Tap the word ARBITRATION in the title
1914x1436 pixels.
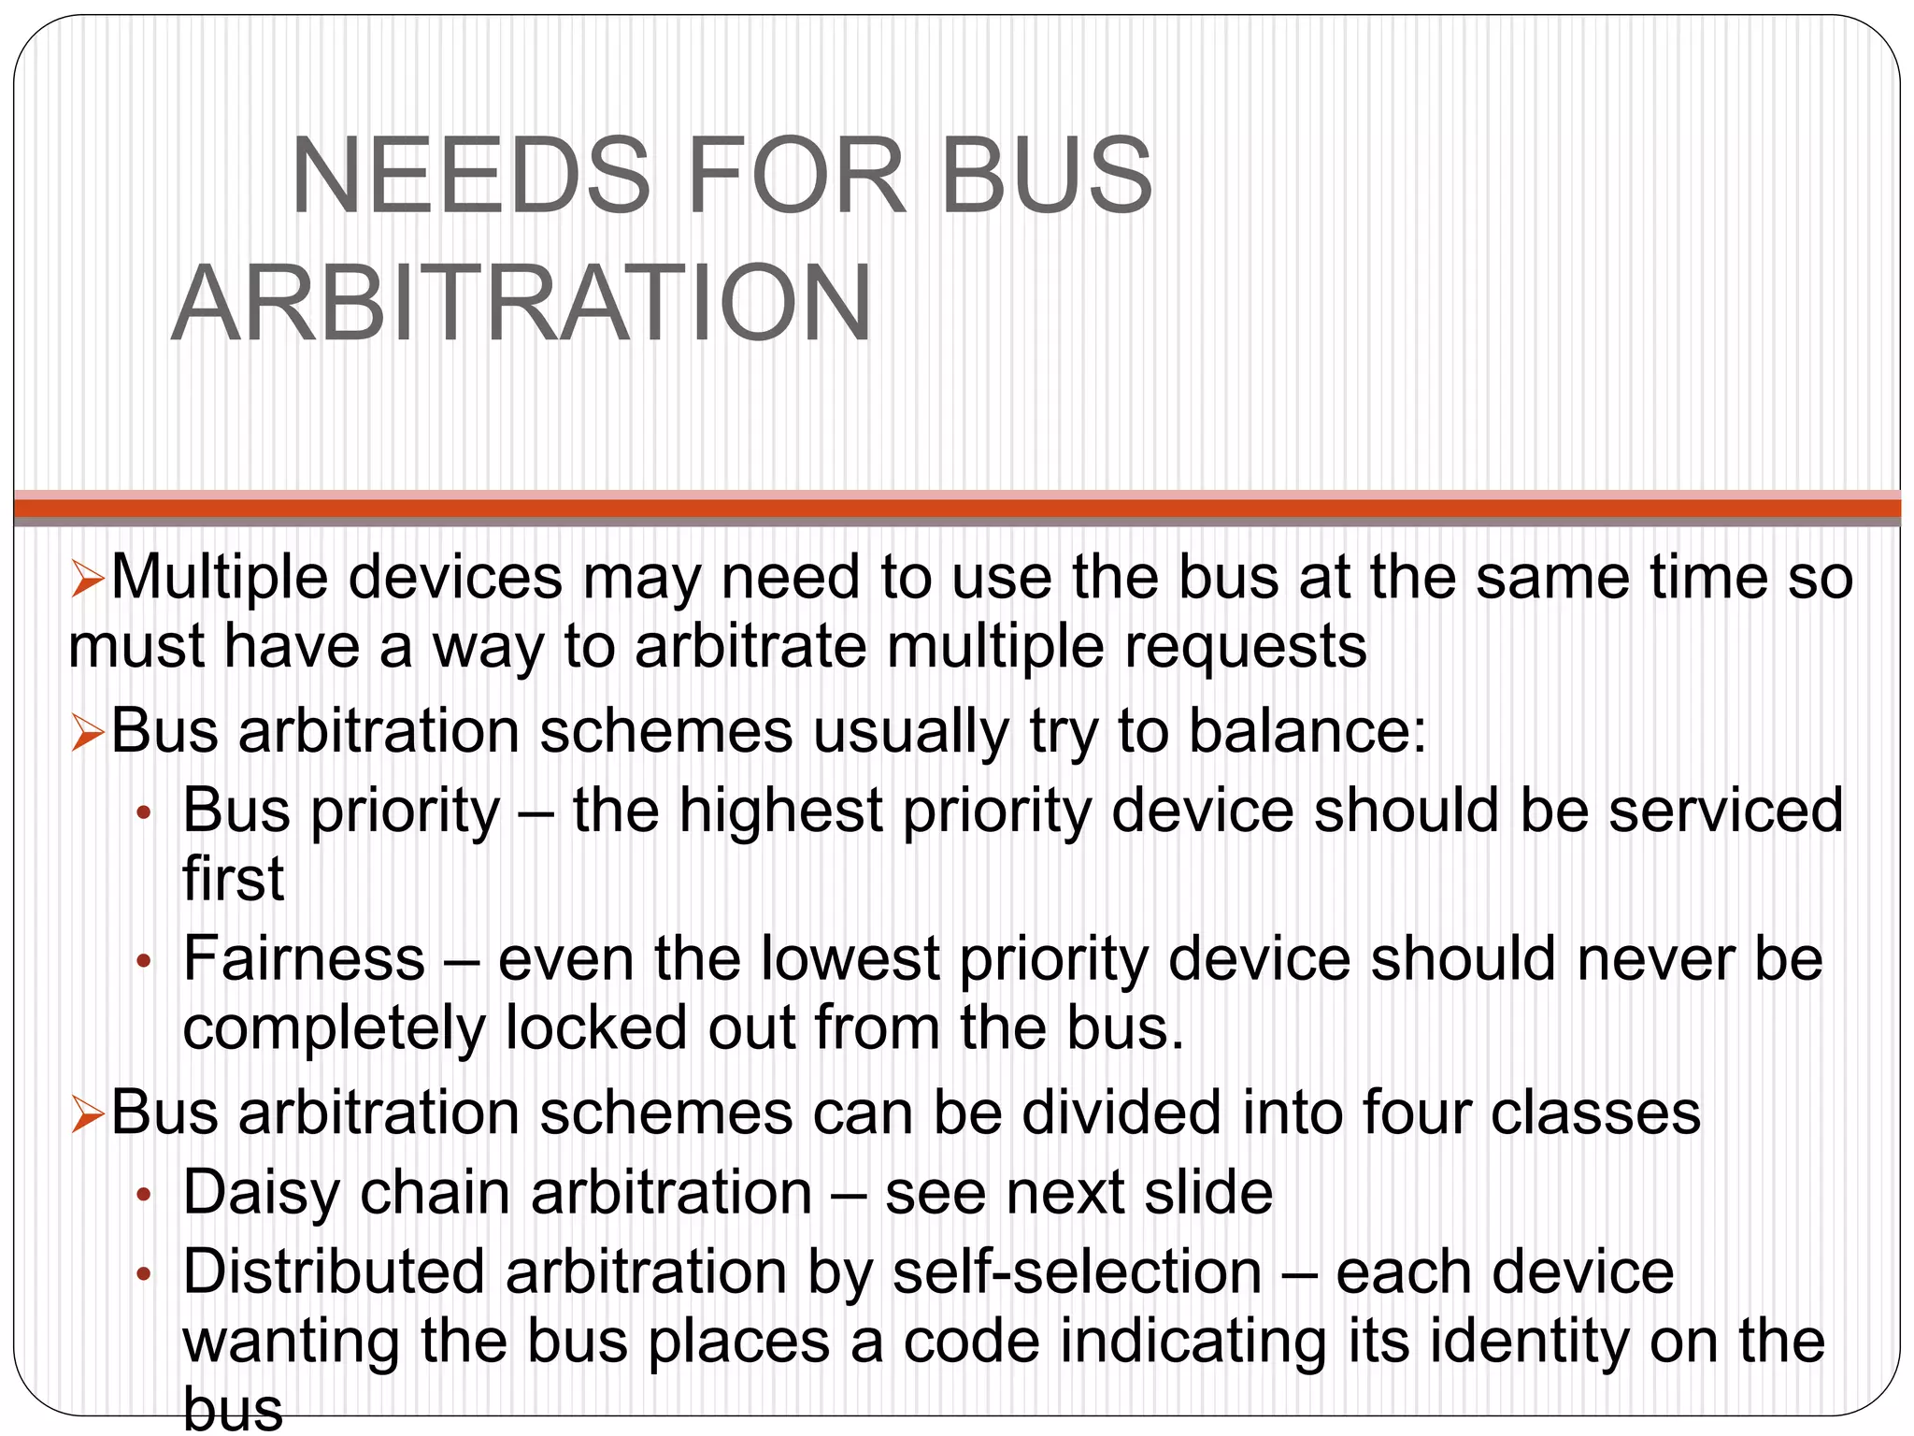tap(521, 304)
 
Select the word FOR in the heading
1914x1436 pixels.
tap(796, 177)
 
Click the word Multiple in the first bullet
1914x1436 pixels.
tap(220, 577)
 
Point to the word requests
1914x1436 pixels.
tap(1245, 646)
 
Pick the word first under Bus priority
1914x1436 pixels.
tap(233, 879)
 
